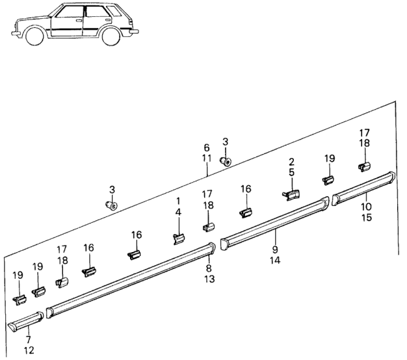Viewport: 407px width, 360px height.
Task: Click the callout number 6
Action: click(x=206, y=148)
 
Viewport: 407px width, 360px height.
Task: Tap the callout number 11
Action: click(x=206, y=157)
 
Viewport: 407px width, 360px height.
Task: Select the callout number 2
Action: click(x=292, y=162)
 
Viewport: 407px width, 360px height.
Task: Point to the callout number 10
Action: click(x=367, y=207)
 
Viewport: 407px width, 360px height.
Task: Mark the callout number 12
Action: click(x=28, y=351)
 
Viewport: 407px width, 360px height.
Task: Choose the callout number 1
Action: click(x=178, y=202)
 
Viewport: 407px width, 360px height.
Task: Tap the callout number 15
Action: click(x=367, y=217)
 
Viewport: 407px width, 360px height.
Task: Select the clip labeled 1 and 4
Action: click(x=178, y=238)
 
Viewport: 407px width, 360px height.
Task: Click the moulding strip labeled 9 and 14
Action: click(x=273, y=224)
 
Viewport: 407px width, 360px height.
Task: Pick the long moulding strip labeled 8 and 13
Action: click(x=130, y=278)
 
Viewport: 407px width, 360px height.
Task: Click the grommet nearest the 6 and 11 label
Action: click(x=226, y=160)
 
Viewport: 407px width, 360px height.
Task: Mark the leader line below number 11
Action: click(x=207, y=170)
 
